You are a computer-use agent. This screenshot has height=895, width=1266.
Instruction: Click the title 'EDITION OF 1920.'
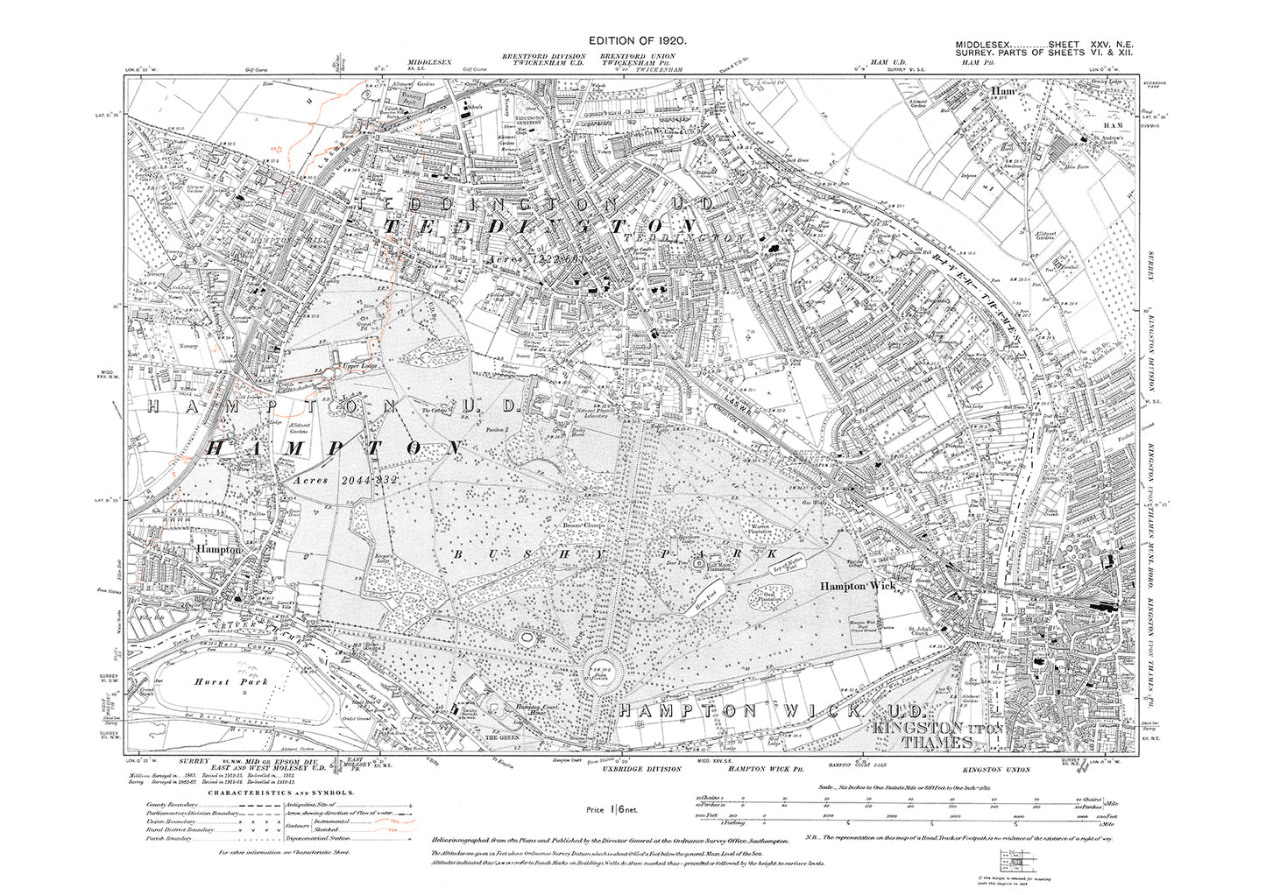point(637,41)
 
